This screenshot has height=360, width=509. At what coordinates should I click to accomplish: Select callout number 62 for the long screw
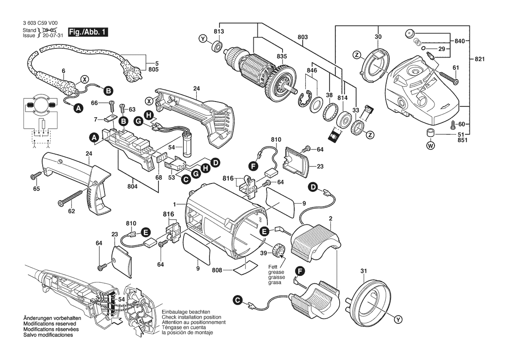[x=71, y=211]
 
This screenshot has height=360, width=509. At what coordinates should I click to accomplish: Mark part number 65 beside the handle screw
[x=36, y=189]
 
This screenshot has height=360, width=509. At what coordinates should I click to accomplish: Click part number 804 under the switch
[x=132, y=187]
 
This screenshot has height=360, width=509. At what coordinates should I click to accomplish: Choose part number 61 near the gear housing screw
[x=455, y=68]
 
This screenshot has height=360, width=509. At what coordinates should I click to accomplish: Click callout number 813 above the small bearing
[x=219, y=31]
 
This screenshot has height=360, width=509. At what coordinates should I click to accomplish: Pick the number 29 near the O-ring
[x=442, y=49]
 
